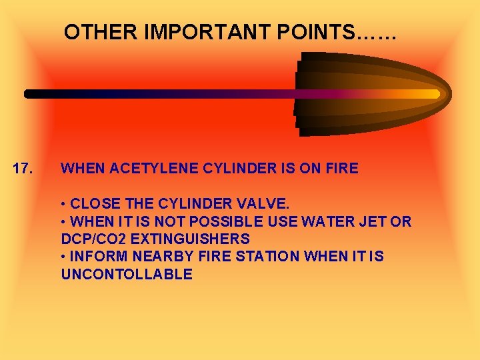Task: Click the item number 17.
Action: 24,169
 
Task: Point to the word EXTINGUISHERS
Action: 189,239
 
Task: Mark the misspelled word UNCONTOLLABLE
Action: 127,274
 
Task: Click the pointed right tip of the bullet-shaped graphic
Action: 450,93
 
